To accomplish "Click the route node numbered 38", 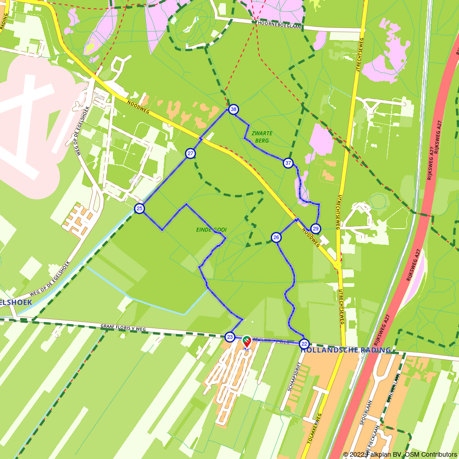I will [x=234, y=109].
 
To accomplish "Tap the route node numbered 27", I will [x=190, y=153].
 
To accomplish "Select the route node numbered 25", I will [x=140, y=209].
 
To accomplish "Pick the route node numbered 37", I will [x=288, y=163].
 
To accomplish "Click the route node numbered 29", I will [x=315, y=229].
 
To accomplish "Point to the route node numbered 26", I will [x=276, y=237].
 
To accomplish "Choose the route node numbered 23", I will [x=230, y=337].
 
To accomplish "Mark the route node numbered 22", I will [x=304, y=343].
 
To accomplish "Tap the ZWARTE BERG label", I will [x=262, y=137].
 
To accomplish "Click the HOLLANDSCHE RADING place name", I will [x=346, y=350].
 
